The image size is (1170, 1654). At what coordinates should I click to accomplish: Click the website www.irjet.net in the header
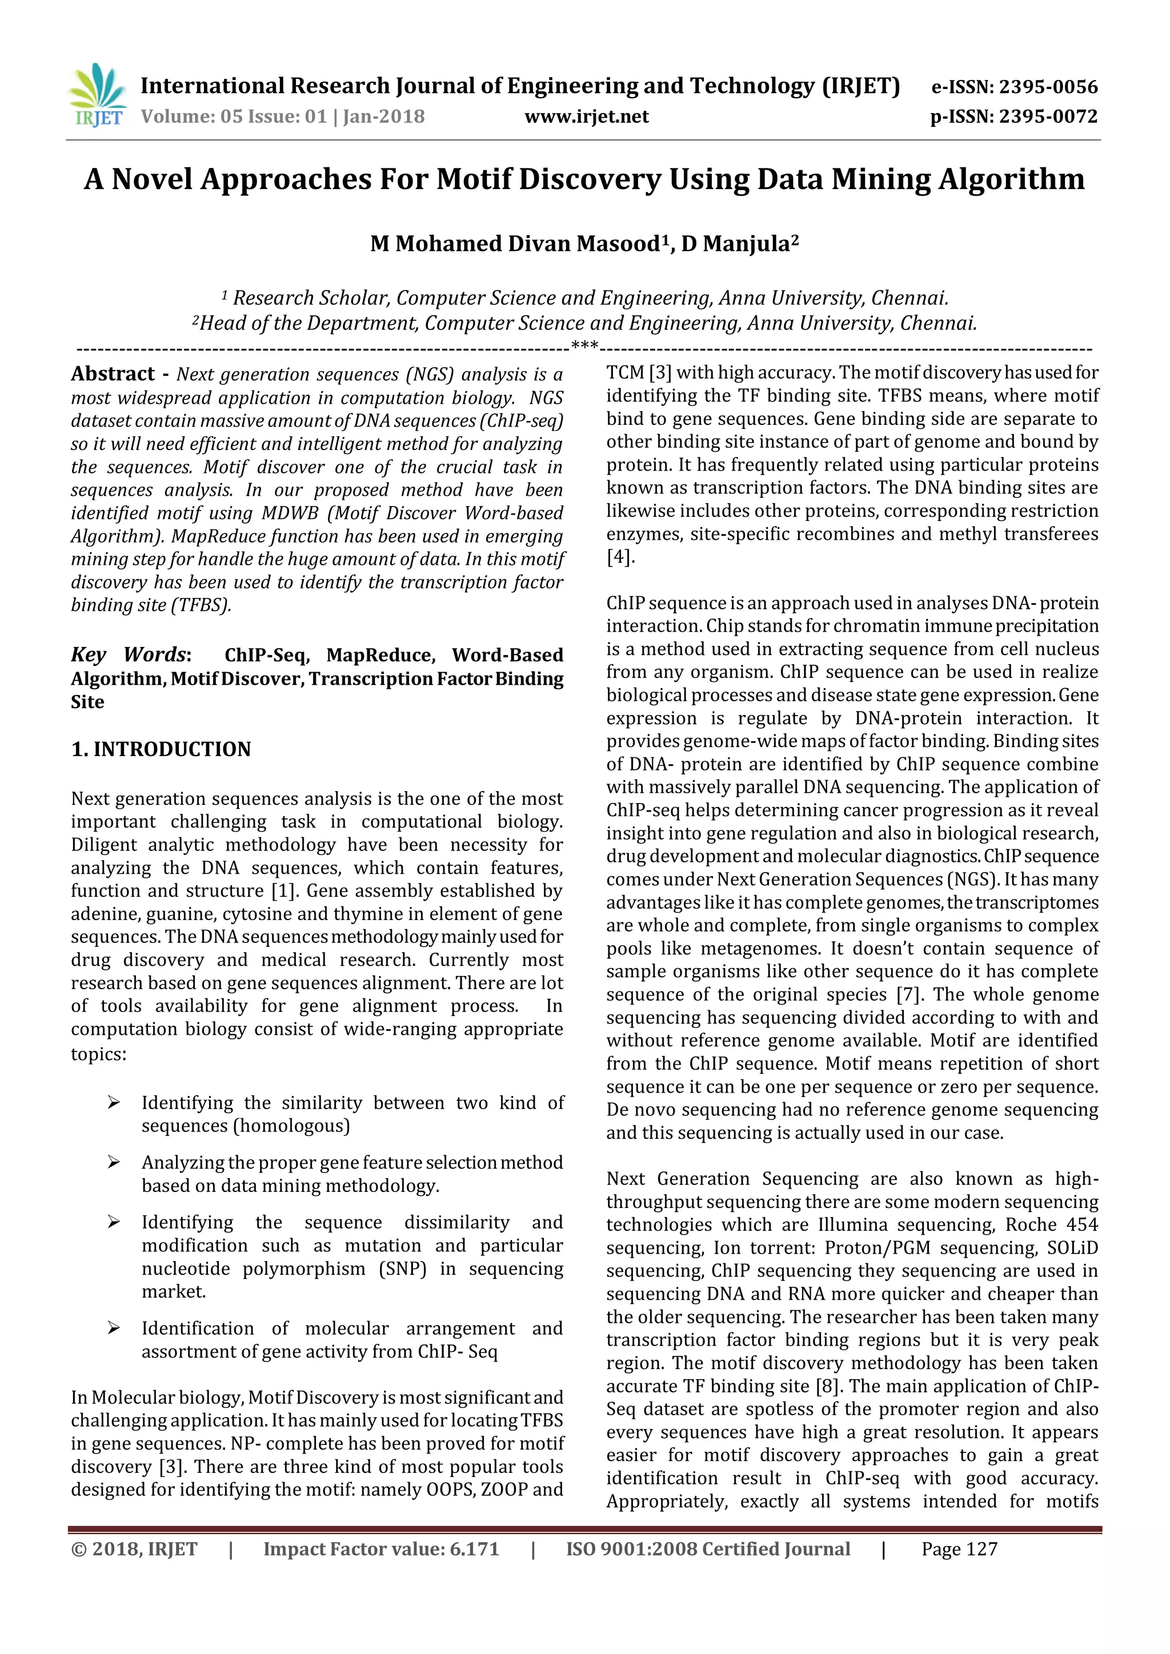587,117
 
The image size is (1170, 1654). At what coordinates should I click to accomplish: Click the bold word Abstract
113,374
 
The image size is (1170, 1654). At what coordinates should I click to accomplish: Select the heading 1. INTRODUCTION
161,749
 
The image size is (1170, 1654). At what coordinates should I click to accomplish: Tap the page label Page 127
959,1549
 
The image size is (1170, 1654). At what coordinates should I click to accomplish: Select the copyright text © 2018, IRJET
134,1549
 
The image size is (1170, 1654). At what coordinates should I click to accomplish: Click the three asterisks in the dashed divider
584,347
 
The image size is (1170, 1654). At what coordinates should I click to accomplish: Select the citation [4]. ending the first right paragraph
620,557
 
